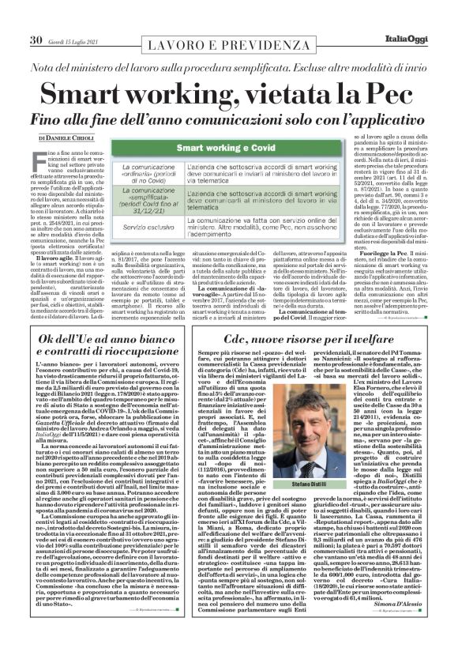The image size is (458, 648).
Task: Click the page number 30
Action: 36,17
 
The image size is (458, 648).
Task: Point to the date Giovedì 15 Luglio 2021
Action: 78,18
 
